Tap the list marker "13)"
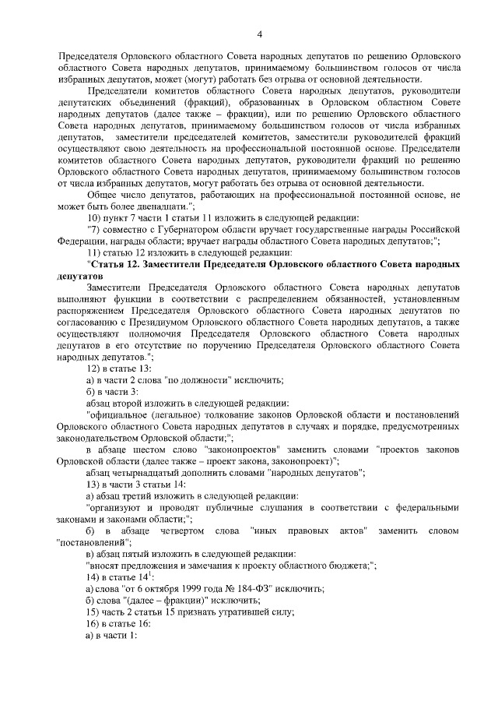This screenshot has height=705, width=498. coord(94,484)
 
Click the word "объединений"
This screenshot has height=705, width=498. coord(146,101)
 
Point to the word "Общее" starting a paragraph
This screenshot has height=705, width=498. coord(103,194)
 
